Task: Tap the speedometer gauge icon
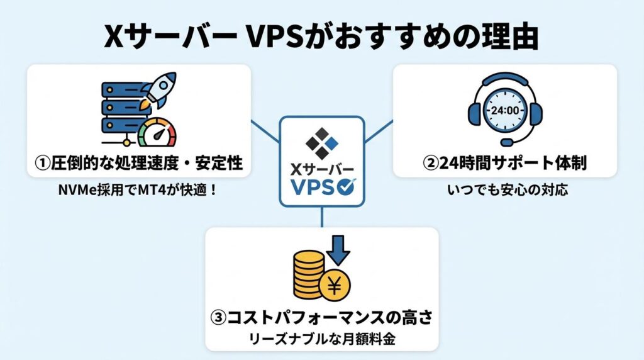(x=158, y=133)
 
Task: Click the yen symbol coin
(x=335, y=286)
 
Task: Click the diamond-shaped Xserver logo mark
(x=321, y=142)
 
